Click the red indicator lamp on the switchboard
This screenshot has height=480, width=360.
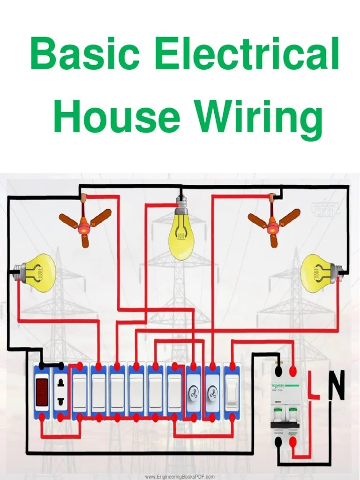[42, 392]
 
